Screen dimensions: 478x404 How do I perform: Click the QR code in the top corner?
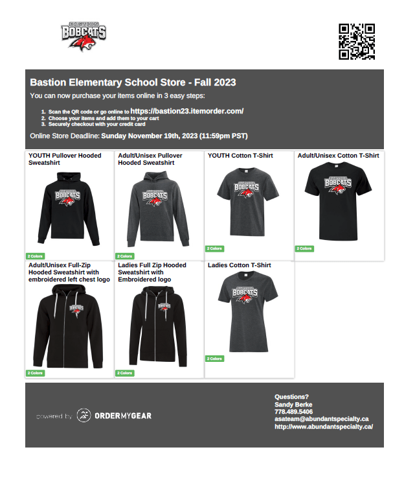[357, 42]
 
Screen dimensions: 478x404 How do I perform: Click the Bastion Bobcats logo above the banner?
[84, 37]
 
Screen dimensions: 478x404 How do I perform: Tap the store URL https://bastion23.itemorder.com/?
[186, 112]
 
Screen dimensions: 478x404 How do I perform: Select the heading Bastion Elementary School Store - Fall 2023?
[133, 83]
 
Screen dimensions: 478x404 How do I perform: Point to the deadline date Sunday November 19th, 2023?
[149, 136]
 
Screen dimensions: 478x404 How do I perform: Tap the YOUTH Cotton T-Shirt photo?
[249, 201]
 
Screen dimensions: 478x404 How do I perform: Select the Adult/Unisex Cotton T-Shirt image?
[339, 201]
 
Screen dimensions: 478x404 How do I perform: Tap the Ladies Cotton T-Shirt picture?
[249, 311]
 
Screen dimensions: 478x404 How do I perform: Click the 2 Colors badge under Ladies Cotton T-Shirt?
[214, 359]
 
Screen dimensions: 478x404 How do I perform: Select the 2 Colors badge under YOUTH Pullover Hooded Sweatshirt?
[35, 256]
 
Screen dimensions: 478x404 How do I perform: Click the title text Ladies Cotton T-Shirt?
[239, 265]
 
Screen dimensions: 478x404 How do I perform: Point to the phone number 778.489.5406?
[293, 412]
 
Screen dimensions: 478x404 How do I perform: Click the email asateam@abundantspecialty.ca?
[321, 419]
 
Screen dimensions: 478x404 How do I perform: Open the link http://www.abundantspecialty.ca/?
[323, 427]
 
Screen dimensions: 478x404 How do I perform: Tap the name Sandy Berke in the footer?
[293, 404]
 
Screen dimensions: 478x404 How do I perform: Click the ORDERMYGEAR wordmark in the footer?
[123, 416]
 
